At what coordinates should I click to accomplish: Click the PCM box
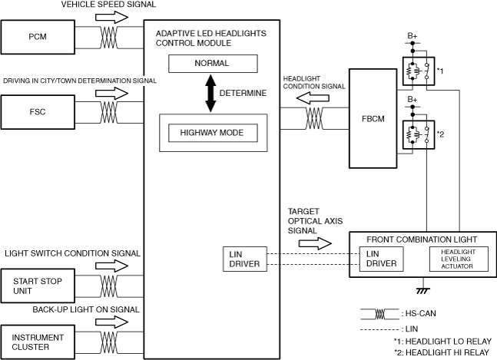point(38,37)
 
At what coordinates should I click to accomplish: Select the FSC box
point(38,112)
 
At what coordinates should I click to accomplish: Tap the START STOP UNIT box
point(38,286)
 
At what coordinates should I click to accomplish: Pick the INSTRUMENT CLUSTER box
point(38,342)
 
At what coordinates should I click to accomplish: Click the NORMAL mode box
point(213,64)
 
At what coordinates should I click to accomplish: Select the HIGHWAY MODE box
point(213,133)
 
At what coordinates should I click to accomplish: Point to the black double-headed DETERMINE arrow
point(210,93)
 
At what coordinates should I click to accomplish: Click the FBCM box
point(373,118)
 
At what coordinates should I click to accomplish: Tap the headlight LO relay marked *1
point(419,71)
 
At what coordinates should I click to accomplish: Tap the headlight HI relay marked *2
point(419,134)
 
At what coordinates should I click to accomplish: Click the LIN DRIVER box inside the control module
point(245,259)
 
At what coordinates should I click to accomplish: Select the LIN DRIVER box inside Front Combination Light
point(381,259)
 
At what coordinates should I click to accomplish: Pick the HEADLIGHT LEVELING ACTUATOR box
point(459,259)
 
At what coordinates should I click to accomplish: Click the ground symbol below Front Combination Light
point(423,290)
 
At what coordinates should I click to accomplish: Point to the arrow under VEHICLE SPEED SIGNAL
point(112,17)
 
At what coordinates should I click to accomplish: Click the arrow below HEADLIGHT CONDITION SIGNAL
point(313,98)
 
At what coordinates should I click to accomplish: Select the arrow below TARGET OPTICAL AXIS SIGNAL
point(315,243)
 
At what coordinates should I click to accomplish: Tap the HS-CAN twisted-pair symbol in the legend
point(379,314)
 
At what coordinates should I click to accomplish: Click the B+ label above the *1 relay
point(413,36)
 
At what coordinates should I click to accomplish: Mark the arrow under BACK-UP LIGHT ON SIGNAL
point(112,322)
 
